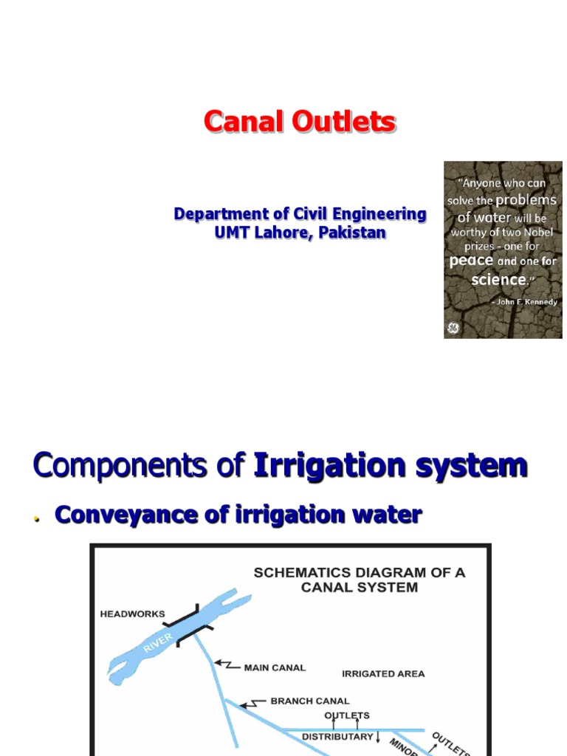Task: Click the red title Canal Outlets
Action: pyautogui.click(x=300, y=122)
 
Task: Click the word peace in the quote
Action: pyautogui.click(x=471, y=261)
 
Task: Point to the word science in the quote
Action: pyautogui.click(x=498, y=280)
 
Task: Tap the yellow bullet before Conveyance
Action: pyautogui.click(x=36, y=519)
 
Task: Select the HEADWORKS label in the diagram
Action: pyautogui.click(x=133, y=614)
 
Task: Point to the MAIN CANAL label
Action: pyautogui.click(x=275, y=667)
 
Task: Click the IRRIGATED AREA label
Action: pyautogui.click(x=383, y=673)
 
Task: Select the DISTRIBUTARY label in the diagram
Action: pyautogui.click(x=337, y=737)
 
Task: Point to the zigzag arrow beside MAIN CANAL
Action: pyautogui.click(x=225, y=665)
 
